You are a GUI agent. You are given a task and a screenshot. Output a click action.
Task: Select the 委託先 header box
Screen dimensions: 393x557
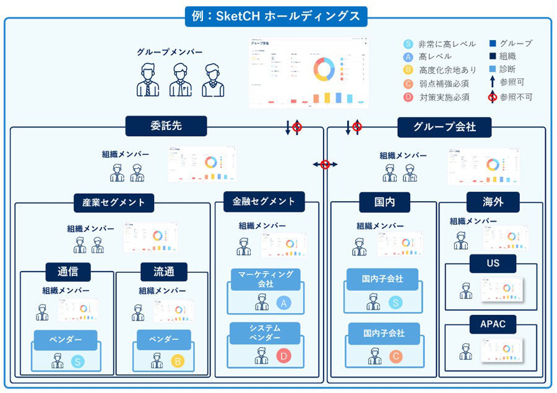coord(166,126)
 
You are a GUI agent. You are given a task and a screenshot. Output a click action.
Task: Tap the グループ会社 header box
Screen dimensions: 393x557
coord(444,127)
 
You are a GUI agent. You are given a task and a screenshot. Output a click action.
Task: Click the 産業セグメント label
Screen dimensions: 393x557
coord(114,202)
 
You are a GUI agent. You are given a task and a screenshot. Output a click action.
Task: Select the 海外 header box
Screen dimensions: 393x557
coord(493,202)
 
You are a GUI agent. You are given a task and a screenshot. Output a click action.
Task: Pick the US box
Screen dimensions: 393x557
coord(493,263)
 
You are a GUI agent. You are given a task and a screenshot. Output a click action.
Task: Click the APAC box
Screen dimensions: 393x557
coord(493,324)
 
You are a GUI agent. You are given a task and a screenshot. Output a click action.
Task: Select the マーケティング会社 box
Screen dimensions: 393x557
coord(266,279)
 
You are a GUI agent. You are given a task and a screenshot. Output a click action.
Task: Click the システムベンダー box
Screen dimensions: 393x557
coord(265,332)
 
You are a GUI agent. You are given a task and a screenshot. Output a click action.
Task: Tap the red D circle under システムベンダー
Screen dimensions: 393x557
coord(283,356)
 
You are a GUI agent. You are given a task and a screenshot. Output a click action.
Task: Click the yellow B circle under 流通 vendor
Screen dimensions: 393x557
coord(178,361)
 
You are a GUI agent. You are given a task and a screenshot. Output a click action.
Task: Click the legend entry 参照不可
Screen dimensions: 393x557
coord(516,97)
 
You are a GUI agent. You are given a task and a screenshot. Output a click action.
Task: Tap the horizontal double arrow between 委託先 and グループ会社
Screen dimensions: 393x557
coord(325,164)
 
